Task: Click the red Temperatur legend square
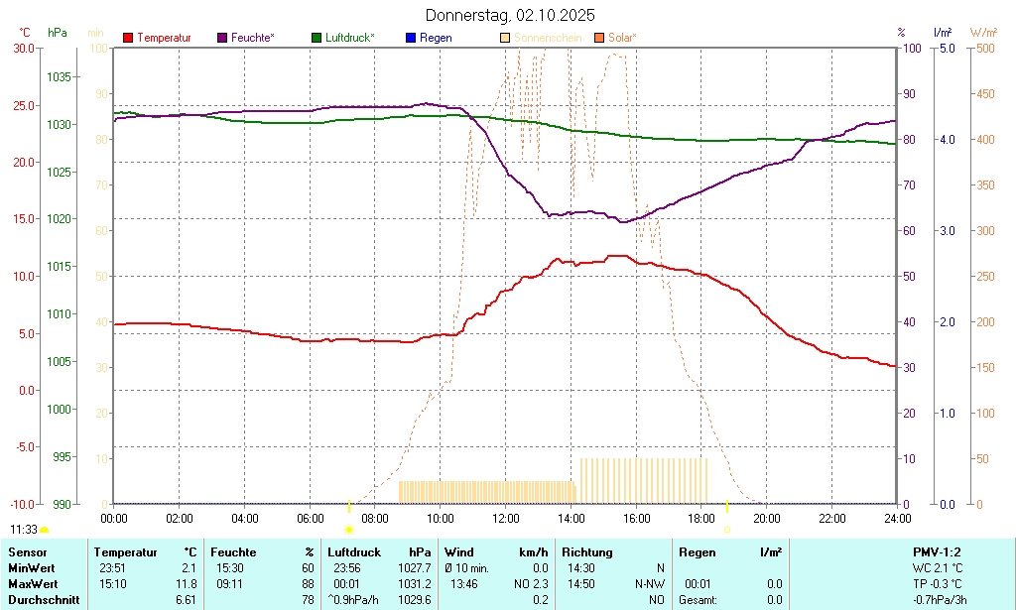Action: coord(128,38)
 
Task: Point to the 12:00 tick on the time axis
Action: coord(506,518)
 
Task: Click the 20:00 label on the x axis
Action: coord(766,518)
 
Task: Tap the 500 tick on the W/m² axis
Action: coord(984,48)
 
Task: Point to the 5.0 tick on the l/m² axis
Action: coord(946,48)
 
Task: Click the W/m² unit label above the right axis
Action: coord(984,33)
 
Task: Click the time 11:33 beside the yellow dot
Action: coord(24,530)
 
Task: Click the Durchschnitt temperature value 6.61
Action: coord(186,600)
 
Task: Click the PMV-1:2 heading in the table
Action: coord(937,552)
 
